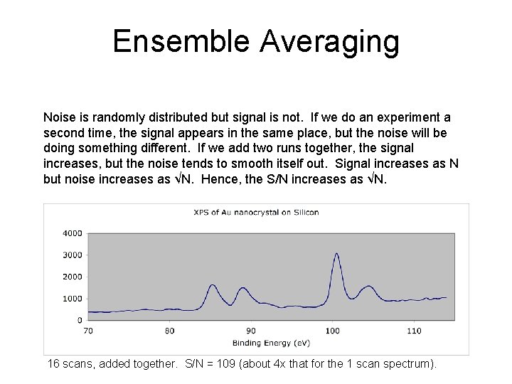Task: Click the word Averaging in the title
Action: pyautogui.click(x=329, y=41)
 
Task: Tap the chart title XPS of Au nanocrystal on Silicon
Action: pyautogui.click(x=256, y=212)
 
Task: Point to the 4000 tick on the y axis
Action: pyautogui.click(x=73, y=233)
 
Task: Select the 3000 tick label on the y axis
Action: pyautogui.click(x=73, y=255)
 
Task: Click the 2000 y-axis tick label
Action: pyautogui.click(x=73, y=277)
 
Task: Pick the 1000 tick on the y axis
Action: pyautogui.click(x=73, y=299)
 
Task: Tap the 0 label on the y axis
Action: pyautogui.click(x=80, y=321)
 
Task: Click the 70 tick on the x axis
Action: pyautogui.click(x=88, y=331)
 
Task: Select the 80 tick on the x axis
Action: pyautogui.click(x=169, y=331)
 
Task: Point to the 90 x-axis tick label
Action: pyautogui.click(x=251, y=331)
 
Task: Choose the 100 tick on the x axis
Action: pyautogui.click(x=332, y=331)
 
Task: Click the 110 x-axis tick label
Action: pyautogui.click(x=414, y=331)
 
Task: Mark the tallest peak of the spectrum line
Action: pyautogui.click(x=336, y=253)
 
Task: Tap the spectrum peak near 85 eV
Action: pyautogui.click(x=212, y=284)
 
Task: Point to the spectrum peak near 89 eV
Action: pyautogui.click(x=242, y=288)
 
